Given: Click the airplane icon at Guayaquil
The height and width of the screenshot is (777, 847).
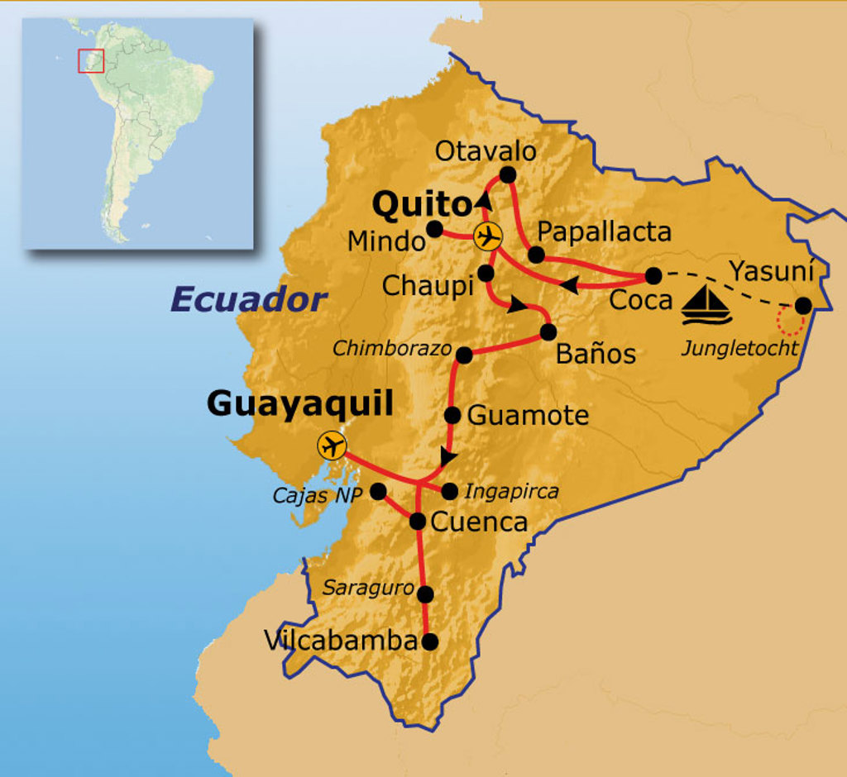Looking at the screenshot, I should (332, 446).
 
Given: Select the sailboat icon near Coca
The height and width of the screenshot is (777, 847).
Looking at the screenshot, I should (706, 305).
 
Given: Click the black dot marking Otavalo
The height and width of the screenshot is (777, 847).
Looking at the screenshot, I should (508, 174).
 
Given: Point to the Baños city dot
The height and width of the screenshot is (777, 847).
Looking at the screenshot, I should (548, 332).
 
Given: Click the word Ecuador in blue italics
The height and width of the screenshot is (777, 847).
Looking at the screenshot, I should (249, 300).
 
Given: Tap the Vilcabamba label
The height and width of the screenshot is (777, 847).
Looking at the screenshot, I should (341, 640).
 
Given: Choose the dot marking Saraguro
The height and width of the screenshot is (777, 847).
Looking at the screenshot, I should (426, 594).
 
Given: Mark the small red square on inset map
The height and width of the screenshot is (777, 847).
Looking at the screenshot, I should (91, 61).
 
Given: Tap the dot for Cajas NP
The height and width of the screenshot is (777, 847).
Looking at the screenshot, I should (378, 491).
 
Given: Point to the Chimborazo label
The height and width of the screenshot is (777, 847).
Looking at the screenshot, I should (392, 349).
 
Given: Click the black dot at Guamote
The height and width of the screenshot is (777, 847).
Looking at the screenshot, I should (452, 415).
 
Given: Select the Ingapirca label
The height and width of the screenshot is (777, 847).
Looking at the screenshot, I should (511, 492).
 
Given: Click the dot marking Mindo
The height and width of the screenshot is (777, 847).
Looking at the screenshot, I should (434, 229).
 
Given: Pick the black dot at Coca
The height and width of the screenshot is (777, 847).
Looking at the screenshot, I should (653, 275).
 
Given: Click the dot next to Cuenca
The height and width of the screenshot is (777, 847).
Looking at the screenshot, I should (418, 521).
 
